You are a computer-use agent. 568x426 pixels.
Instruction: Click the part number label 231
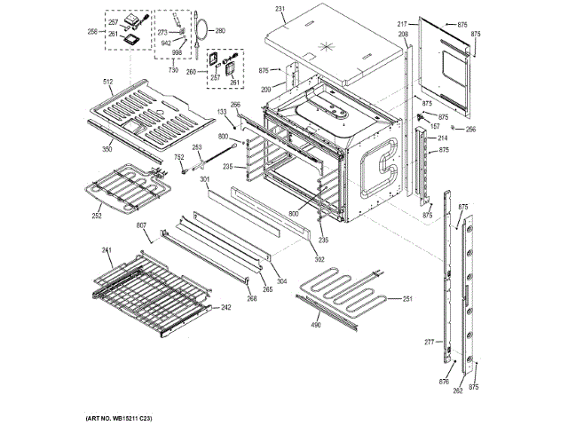coord(280,9)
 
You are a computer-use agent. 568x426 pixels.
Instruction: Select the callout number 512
coord(108,83)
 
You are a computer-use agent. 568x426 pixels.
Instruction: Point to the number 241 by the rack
coord(107,250)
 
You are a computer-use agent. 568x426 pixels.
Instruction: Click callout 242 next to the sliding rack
coord(226,307)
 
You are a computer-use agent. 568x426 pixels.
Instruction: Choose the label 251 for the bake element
coord(407,299)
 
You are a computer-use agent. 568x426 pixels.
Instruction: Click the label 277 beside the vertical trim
coord(428,342)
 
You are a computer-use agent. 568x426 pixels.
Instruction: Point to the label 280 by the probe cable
coord(220,31)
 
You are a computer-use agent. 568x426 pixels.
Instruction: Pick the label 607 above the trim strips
coord(141,226)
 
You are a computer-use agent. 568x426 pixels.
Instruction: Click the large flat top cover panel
coord(328,40)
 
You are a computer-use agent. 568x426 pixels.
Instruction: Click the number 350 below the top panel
coord(106,150)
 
